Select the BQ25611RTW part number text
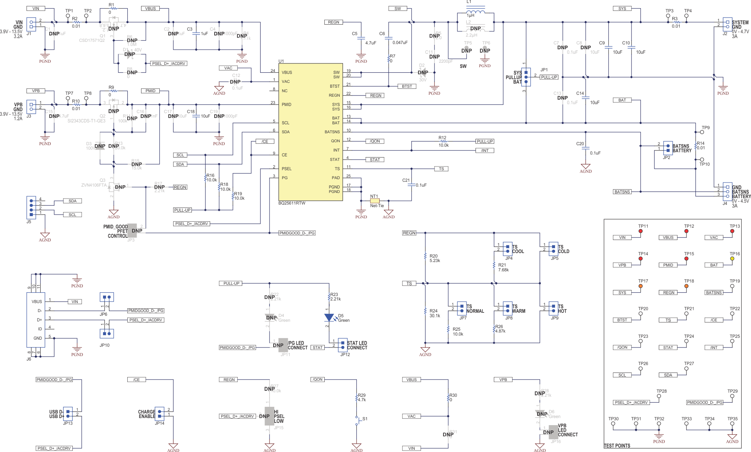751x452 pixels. pos(292,203)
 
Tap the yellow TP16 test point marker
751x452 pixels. pos(732,259)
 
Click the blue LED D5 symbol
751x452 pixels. pos(329,318)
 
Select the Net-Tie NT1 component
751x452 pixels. pos(374,201)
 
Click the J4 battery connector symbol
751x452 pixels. pos(727,191)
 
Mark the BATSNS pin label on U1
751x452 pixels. pos(332,132)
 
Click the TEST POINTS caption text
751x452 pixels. pos(617,446)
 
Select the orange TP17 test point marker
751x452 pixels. pos(641,286)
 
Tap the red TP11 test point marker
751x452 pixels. pos(641,231)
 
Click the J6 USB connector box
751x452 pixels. pos(36,319)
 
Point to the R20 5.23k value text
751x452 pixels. pos(435,261)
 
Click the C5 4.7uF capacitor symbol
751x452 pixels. pos(361,38)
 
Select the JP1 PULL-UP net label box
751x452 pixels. pos(549,77)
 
